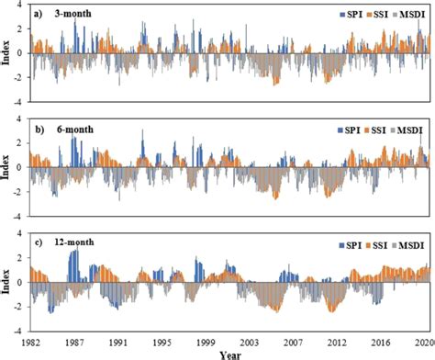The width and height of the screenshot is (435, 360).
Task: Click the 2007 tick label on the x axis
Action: point(293,340)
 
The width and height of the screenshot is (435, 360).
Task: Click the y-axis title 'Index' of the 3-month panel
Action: point(7,53)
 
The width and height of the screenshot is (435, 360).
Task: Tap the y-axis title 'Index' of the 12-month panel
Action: point(7,280)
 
